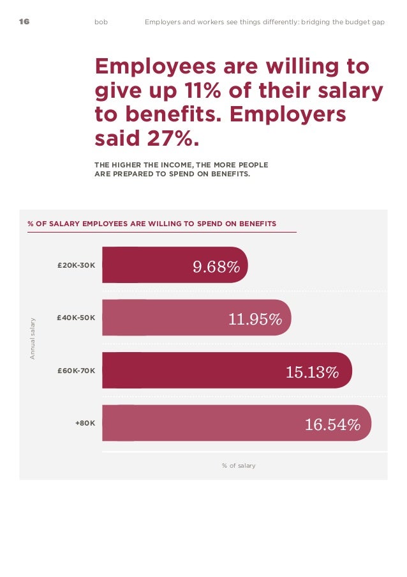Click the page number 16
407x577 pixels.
(x=24, y=22)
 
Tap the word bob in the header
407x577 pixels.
(x=101, y=22)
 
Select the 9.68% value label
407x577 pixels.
(x=216, y=266)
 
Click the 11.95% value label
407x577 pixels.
(x=255, y=319)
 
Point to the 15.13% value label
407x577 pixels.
(x=312, y=372)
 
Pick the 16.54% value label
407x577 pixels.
(x=332, y=424)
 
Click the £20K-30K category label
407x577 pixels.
(x=76, y=265)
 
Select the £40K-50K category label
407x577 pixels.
(x=76, y=317)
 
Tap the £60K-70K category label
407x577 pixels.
(x=76, y=370)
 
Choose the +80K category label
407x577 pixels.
(x=85, y=422)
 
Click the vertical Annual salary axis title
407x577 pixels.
(x=33, y=338)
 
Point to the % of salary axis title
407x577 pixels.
(x=239, y=466)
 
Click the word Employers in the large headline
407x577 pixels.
(x=287, y=114)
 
